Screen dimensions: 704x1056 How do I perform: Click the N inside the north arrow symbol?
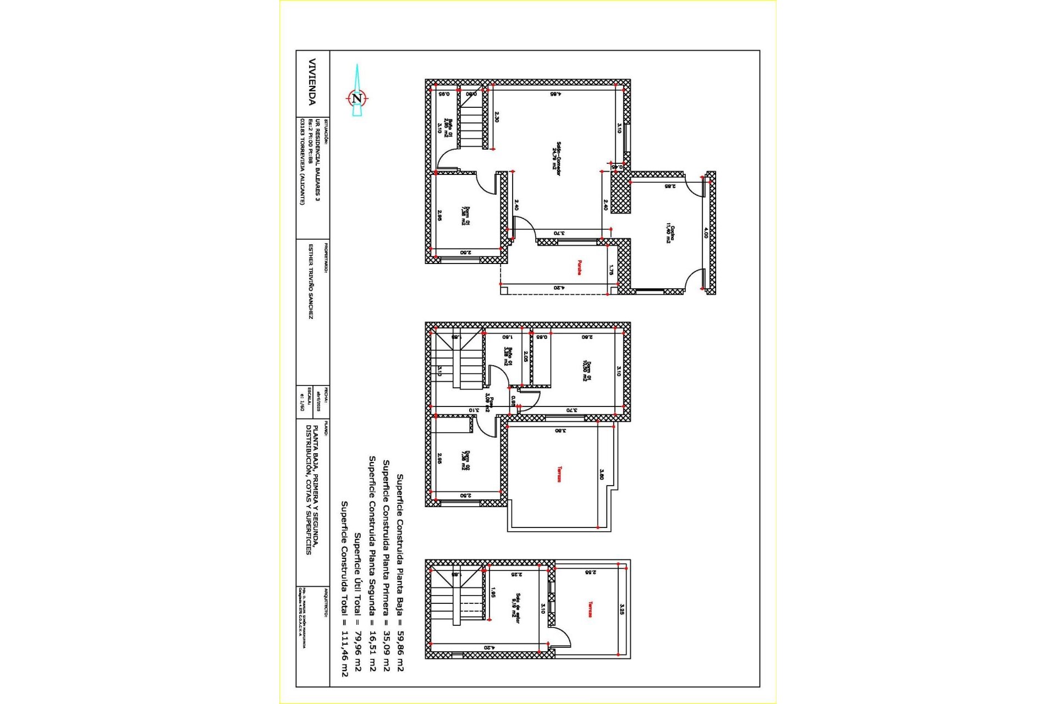[x=357, y=98]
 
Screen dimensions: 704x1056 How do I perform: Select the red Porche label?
[x=579, y=267]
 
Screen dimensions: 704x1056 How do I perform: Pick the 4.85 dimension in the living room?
[x=555, y=94]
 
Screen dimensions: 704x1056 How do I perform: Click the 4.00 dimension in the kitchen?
[x=706, y=233]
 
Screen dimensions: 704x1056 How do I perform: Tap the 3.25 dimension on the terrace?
[x=621, y=609]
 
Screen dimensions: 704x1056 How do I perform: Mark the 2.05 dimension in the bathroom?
[x=526, y=356]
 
